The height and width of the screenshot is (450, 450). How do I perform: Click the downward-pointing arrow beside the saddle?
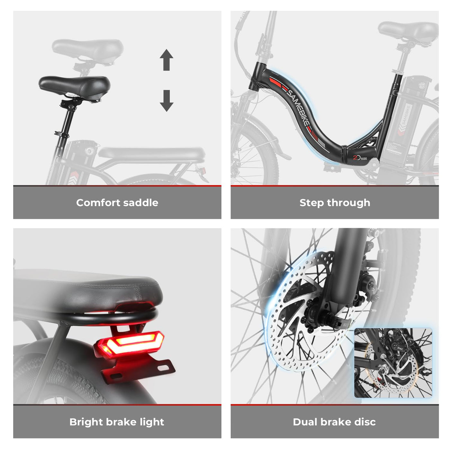(166, 101)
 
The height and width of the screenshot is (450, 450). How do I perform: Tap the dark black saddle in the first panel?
(75, 85)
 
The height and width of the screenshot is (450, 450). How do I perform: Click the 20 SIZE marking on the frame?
(360, 158)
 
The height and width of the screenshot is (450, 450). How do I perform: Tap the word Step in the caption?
(311, 203)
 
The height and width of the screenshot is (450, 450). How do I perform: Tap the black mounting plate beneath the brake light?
(138, 370)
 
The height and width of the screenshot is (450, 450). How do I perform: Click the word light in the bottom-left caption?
(152, 422)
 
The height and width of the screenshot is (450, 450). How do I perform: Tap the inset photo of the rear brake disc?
(393, 363)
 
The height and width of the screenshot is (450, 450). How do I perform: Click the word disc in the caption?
(364, 422)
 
